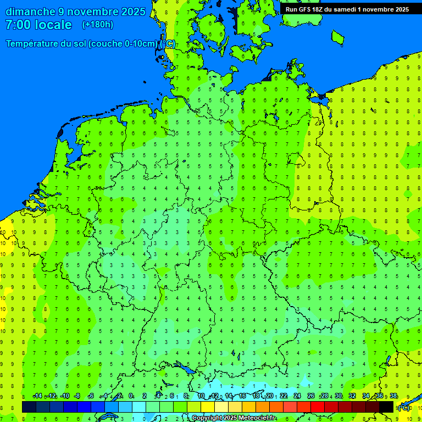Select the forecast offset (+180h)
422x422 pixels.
(x=98, y=25)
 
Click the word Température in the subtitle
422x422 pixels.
(x=34, y=44)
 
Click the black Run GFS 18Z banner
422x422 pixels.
(x=347, y=9)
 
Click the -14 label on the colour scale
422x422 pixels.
(x=37, y=396)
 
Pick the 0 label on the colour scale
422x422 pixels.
(x=131, y=396)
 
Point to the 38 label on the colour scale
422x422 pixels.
(x=393, y=396)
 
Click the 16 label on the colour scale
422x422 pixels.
(x=242, y=396)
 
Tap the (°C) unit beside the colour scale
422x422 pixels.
(x=404, y=408)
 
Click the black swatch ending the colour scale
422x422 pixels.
(x=386, y=407)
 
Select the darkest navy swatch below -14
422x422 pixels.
(x=29, y=407)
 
